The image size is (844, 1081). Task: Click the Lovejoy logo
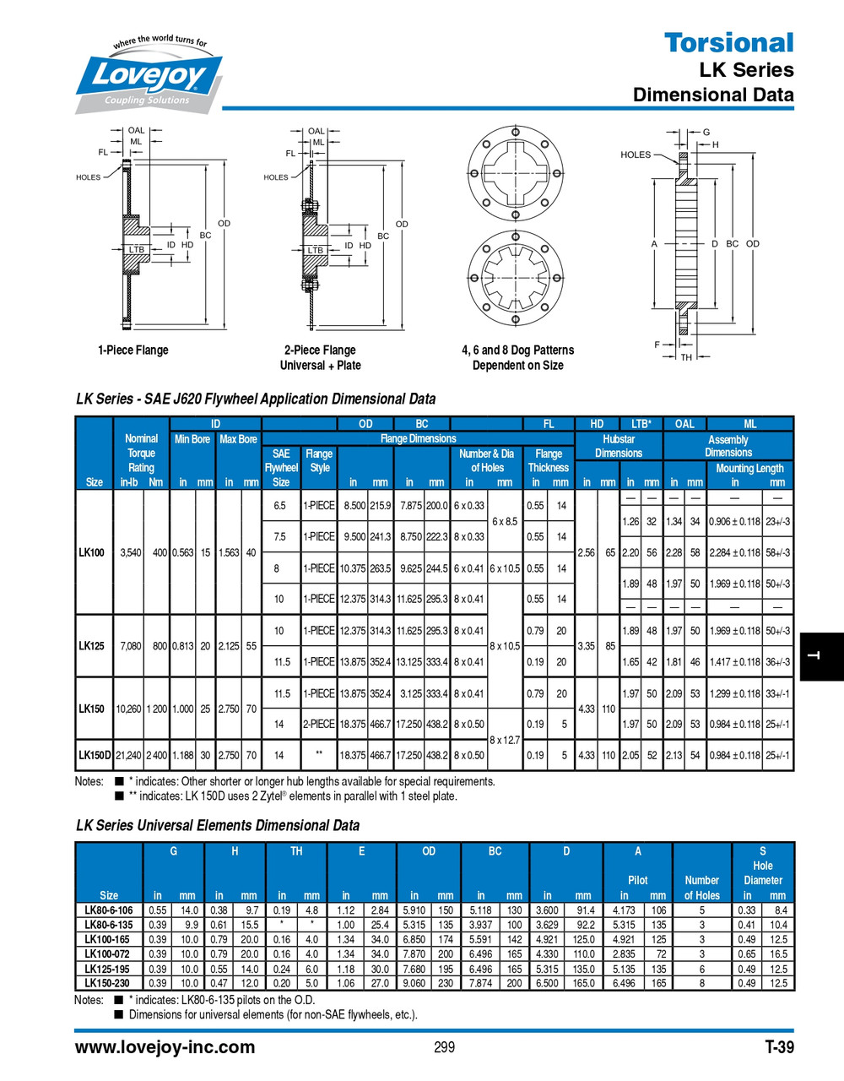tap(148, 76)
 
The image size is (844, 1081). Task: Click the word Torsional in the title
tap(728, 42)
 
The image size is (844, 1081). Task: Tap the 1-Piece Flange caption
tap(133, 350)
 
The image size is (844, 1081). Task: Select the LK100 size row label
tap(92, 552)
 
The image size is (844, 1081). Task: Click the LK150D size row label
tap(94, 755)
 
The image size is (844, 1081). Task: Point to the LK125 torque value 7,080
tap(130, 646)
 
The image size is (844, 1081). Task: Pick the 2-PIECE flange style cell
tap(319, 724)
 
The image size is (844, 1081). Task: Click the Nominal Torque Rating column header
tap(141, 454)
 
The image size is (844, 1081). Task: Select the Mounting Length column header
tap(749, 468)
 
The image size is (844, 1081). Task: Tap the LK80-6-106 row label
tap(109, 910)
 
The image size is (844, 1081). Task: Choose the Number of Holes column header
tap(701, 888)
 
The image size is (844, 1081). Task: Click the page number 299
tap(444, 1047)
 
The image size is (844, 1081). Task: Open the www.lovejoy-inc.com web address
tap(165, 1047)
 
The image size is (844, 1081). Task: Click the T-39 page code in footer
tap(778, 1047)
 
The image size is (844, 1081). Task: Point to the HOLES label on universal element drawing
tap(636, 155)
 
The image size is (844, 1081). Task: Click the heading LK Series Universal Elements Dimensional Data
tap(218, 825)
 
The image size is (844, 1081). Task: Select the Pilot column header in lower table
tap(638, 880)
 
